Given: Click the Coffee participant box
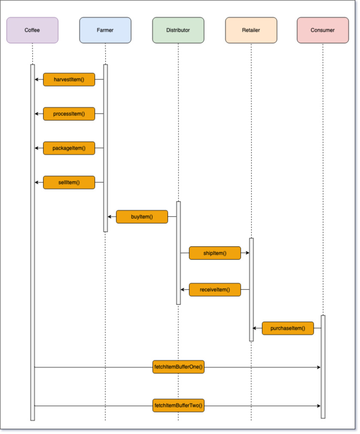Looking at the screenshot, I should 32,30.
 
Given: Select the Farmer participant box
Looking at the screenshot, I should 105,30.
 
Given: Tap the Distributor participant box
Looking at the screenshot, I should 178,30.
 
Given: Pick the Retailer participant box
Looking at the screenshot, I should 251,30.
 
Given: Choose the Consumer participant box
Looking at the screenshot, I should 323,30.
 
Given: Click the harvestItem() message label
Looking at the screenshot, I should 69,79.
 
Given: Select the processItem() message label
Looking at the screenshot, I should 69,114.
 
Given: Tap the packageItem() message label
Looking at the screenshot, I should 69,148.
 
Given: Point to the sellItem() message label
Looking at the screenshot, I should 69,182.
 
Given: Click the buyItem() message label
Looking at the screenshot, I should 142,217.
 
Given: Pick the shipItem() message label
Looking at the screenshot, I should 215,253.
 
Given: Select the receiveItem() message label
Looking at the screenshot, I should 215,289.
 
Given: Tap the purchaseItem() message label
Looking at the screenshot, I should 287,328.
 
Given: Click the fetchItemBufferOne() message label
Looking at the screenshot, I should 178,367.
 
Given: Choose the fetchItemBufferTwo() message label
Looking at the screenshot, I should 178,405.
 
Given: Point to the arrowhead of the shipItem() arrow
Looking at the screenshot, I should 248,253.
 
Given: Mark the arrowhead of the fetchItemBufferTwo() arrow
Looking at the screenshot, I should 319,405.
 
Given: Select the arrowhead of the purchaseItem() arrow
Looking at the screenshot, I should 254,328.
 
